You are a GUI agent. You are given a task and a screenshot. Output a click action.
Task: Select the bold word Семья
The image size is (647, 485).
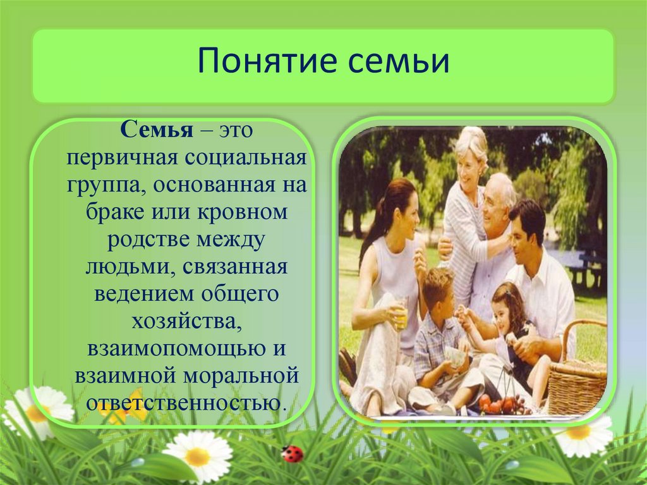157,130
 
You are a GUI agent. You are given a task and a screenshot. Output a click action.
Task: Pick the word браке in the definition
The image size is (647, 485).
115,212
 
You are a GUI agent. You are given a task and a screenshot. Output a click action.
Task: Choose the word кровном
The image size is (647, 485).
243,212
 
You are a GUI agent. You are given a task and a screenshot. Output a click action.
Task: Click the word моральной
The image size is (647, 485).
241,377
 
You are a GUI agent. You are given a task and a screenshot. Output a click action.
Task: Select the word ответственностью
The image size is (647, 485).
185,403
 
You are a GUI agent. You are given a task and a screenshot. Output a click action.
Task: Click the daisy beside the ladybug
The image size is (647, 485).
198,456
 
